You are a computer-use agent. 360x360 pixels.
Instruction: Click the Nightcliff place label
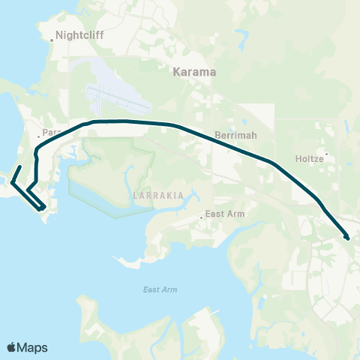tap(77, 34)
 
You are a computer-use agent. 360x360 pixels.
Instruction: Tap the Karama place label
tap(194, 73)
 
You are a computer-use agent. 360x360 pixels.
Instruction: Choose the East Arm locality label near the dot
tap(226, 214)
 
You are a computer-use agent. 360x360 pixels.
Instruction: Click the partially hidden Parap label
tap(51, 133)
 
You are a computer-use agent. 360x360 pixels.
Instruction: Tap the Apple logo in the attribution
tap(12, 347)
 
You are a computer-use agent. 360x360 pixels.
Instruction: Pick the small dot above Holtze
tap(326, 153)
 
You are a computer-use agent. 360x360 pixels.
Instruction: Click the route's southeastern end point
tap(347, 238)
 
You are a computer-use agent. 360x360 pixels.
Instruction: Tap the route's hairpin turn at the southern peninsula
tap(43, 208)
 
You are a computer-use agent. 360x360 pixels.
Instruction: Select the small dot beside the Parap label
tap(39, 136)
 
